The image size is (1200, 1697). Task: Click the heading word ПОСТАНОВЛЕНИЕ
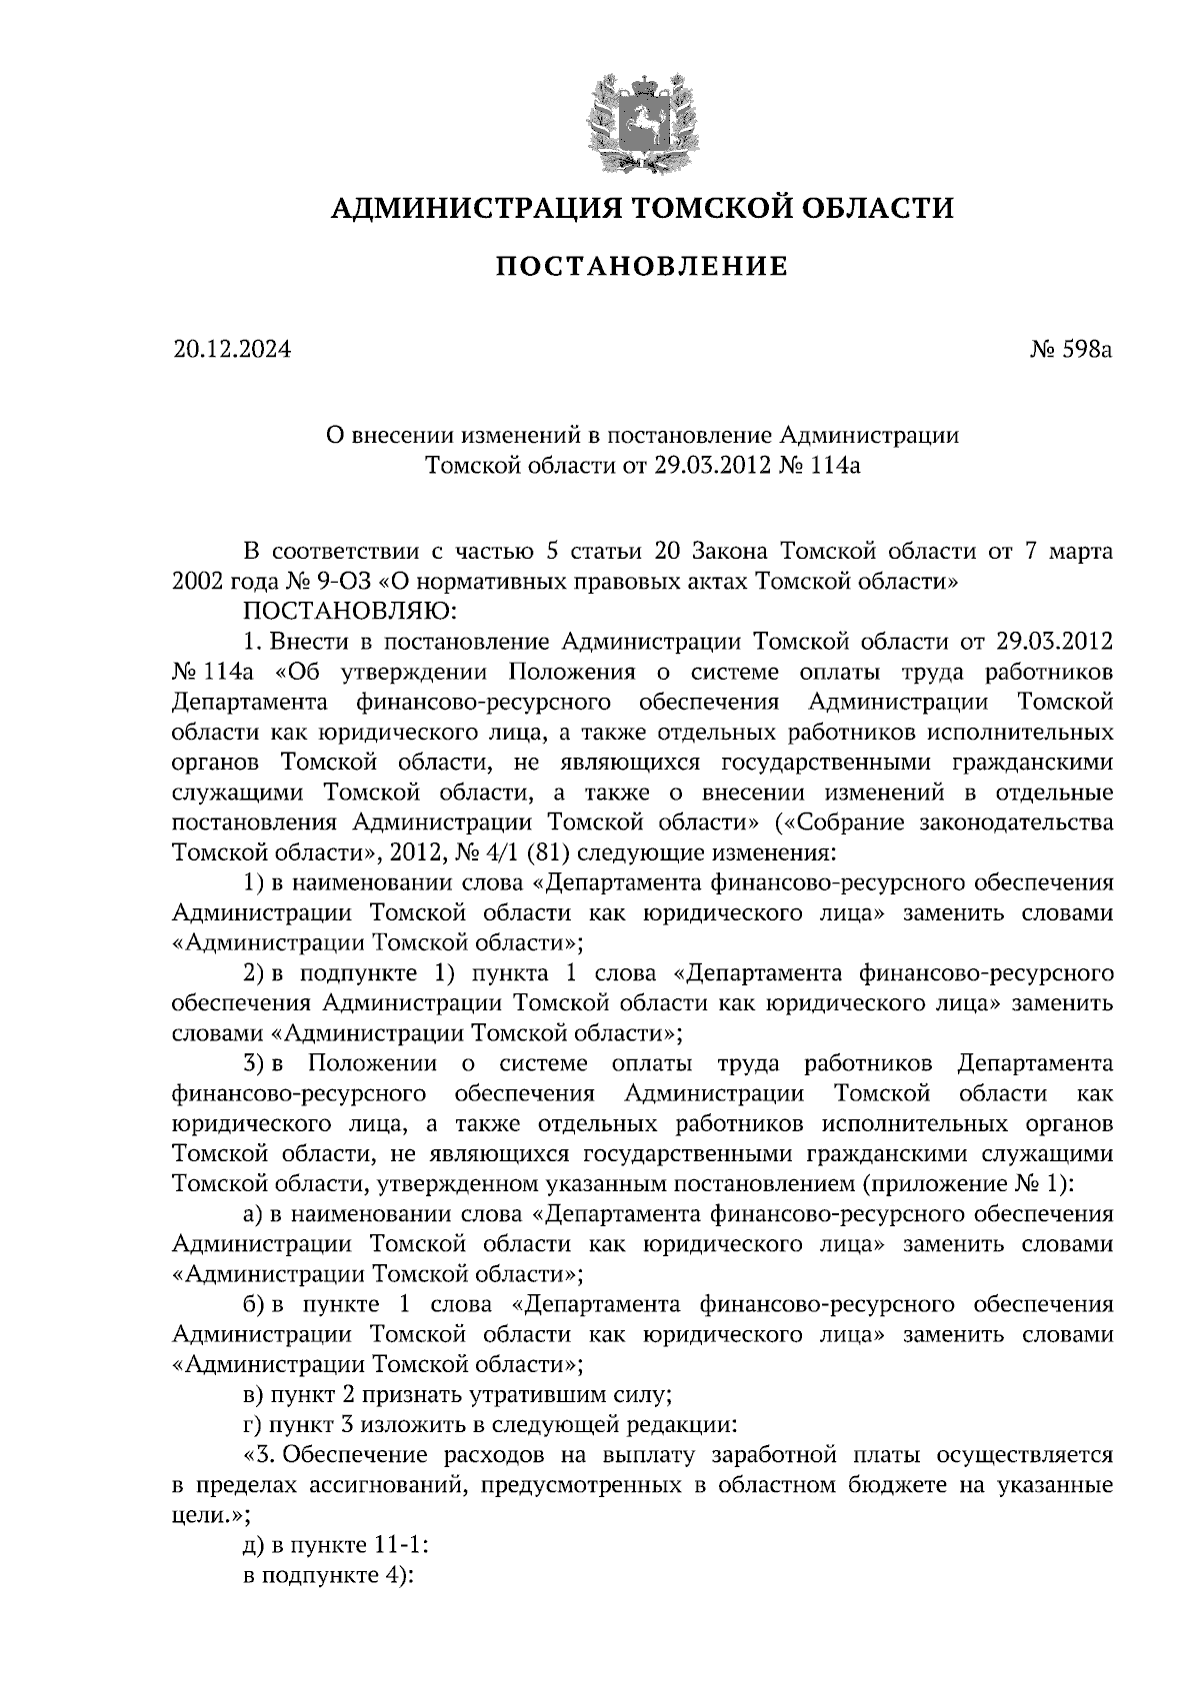tap(642, 267)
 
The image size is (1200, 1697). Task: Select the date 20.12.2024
tap(231, 350)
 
